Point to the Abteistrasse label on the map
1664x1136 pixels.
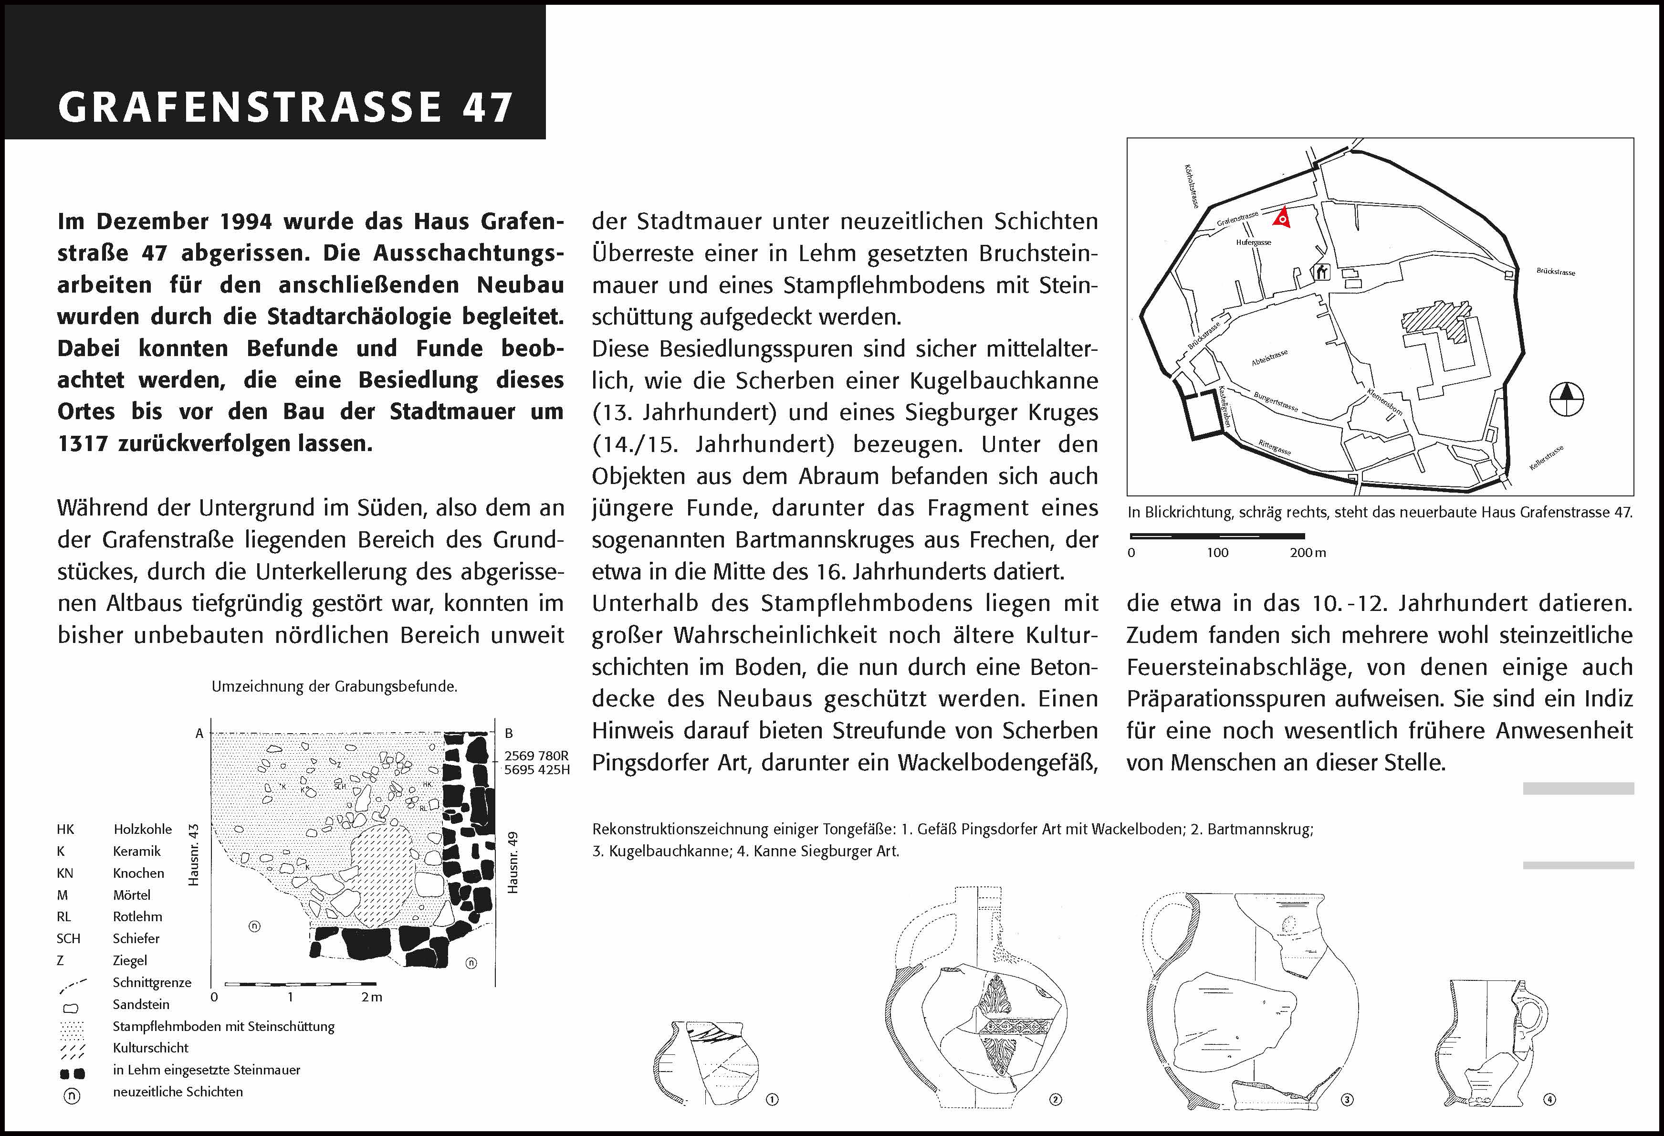click(1269, 358)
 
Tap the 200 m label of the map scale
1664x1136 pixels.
click(1308, 552)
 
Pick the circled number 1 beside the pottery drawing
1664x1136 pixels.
click(772, 1099)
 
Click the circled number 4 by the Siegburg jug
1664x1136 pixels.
click(1549, 1099)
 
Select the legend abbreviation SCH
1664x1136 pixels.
click(68, 938)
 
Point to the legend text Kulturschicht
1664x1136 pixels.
click(150, 1048)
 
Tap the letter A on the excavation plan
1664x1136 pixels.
click(200, 733)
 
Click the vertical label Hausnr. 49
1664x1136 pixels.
click(513, 863)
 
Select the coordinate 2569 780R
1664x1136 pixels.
click(536, 756)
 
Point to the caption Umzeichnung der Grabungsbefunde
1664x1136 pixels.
click(334, 686)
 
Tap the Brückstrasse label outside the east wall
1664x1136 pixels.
click(1555, 272)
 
